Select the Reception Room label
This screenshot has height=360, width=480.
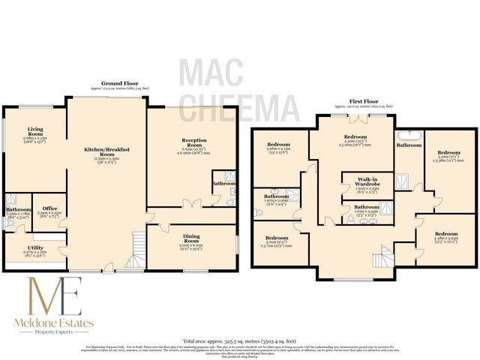pos(178,140)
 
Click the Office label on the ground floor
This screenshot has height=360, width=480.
pos(49,208)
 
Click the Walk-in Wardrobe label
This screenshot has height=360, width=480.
pos(367,183)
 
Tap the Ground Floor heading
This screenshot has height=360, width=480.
pos(120,84)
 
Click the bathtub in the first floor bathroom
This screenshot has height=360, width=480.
pos(409,136)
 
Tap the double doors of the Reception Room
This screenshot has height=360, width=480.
pos(192,203)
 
